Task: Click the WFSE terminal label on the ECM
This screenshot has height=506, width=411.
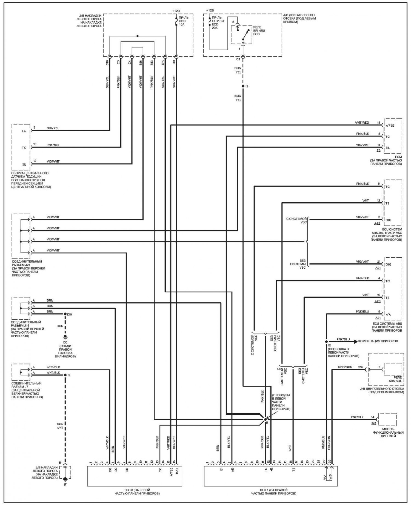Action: [x=390, y=126]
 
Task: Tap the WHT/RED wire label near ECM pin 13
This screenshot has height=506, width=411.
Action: [x=362, y=123]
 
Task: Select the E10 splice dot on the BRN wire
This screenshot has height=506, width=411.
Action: [x=65, y=314]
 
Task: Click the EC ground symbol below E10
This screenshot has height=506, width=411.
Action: [x=65, y=337]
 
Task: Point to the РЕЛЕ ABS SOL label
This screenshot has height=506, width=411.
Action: [x=395, y=379]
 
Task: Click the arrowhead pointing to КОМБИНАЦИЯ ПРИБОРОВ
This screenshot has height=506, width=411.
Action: [x=356, y=342]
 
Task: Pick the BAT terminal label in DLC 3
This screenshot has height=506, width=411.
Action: [x=177, y=470]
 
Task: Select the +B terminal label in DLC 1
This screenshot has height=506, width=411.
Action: [x=271, y=469]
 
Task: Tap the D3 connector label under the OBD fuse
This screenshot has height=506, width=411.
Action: [x=174, y=62]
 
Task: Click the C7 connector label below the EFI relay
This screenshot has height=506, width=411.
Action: [x=238, y=59]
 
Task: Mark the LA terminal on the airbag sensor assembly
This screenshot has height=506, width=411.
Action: [x=24, y=131]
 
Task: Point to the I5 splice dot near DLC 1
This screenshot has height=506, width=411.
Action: [x=265, y=420]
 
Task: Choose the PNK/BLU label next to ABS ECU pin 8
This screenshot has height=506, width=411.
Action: [x=363, y=312]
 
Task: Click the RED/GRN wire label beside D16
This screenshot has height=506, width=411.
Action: [x=345, y=367]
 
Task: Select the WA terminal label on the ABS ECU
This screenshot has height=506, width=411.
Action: [x=388, y=314]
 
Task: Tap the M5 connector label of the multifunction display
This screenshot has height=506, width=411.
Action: [x=374, y=423]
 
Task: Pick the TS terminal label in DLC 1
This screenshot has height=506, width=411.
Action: [x=293, y=469]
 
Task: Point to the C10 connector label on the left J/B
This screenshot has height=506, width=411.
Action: [x=107, y=62]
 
